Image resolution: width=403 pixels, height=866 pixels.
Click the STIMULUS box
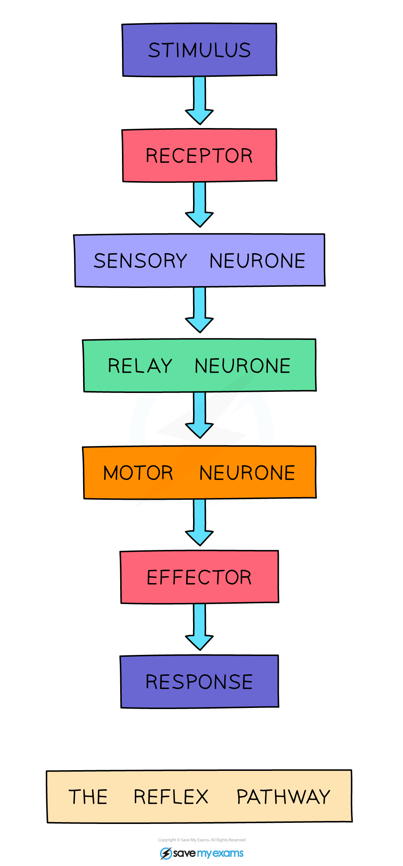pyautogui.click(x=199, y=50)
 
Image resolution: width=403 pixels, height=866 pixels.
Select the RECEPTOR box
pyautogui.click(x=199, y=155)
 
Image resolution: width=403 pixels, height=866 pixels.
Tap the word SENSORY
pyautogui.click(x=140, y=261)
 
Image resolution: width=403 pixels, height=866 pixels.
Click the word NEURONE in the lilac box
pyautogui.click(x=257, y=261)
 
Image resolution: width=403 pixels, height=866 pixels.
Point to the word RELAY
pyautogui.click(x=140, y=366)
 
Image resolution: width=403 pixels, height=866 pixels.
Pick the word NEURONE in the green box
pyautogui.click(x=243, y=366)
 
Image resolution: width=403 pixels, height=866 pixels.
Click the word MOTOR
pyautogui.click(x=138, y=473)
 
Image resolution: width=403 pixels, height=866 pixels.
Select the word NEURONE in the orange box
pyautogui.click(x=247, y=473)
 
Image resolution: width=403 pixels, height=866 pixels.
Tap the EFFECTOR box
pyautogui.click(x=199, y=577)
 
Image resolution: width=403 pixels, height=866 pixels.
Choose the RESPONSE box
pyautogui.click(x=199, y=682)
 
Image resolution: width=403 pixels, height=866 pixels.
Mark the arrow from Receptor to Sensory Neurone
pyautogui.click(x=199, y=204)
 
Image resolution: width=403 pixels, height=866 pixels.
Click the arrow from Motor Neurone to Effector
pyautogui.click(x=199, y=521)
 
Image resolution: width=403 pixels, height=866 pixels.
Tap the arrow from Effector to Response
pyautogui.click(x=199, y=626)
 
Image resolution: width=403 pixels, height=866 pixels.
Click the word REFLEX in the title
pyautogui.click(x=171, y=797)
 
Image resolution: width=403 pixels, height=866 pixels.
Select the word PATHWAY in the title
pyautogui.click(x=283, y=797)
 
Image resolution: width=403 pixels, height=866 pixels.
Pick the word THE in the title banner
pyautogui.click(x=88, y=797)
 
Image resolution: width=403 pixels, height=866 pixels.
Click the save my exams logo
pyautogui.click(x=202, y=853)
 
